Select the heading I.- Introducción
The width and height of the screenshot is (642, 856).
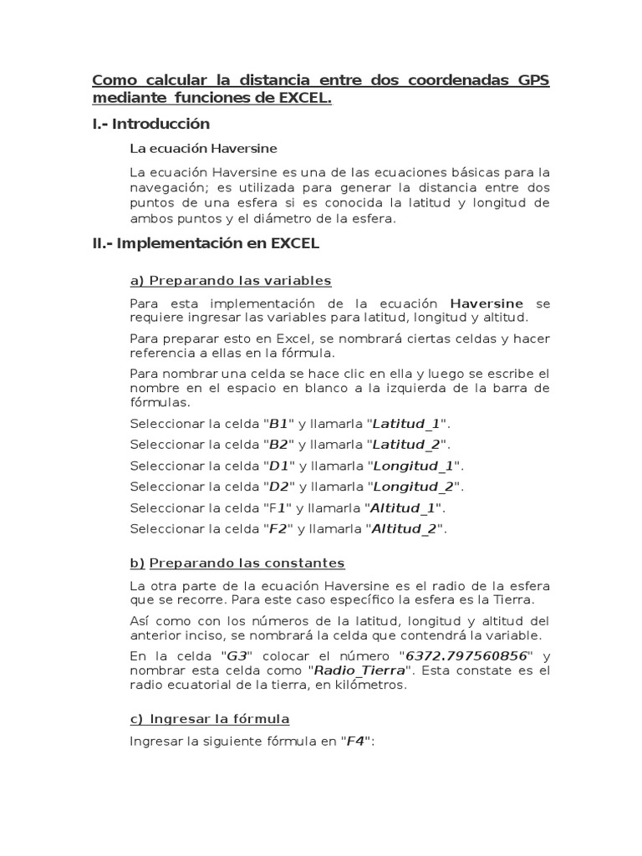150,124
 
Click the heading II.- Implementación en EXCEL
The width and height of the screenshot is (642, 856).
206,244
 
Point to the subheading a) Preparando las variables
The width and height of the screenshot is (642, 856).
231,280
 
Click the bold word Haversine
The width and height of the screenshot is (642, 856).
487,303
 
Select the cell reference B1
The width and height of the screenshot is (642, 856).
278,423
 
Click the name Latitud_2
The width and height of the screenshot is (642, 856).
406,444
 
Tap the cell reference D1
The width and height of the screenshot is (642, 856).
278,465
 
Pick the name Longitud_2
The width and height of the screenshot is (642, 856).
413,486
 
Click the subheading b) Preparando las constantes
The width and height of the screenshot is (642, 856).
237,563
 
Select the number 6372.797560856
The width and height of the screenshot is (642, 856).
466,655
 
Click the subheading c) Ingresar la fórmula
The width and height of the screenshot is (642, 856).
210,719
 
